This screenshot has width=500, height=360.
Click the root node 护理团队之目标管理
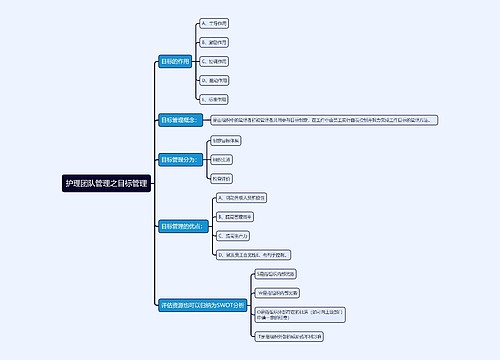(106, 184)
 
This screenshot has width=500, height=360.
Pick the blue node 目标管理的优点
(184, 227)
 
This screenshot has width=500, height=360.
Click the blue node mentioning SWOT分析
(201, 304)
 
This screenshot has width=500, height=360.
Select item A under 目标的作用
(214, 22)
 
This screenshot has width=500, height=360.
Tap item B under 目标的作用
(214, 42)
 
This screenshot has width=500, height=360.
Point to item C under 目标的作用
(214, 61)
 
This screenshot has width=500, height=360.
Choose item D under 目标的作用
(214, 80)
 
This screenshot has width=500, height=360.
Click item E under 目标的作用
(214, 100)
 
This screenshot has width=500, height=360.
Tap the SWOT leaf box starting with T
(291, 337)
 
